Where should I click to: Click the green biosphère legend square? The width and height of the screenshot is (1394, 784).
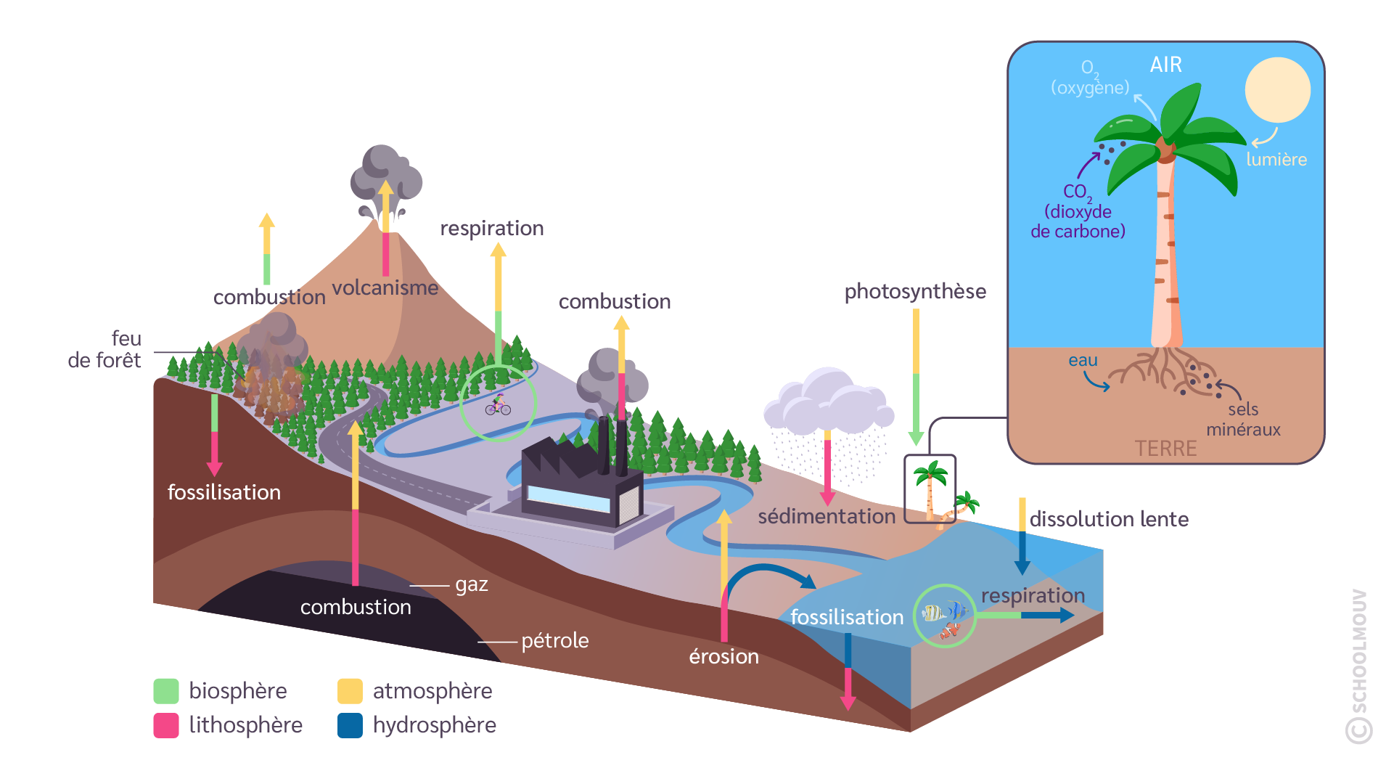165,691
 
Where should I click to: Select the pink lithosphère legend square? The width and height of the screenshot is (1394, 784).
165,725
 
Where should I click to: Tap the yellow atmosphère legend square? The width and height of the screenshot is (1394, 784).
350,691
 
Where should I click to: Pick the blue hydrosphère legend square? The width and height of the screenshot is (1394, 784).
350,725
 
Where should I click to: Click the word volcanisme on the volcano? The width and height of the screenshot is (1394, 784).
385,288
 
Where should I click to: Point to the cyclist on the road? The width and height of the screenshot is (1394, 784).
499,404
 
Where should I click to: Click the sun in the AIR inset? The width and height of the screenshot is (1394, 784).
1277,90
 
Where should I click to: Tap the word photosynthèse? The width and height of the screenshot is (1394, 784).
915,292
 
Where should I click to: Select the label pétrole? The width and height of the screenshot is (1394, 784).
555,641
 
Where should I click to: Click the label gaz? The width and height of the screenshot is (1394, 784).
472,584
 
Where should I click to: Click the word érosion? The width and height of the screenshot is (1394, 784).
723,657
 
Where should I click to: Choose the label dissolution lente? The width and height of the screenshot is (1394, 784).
1109,520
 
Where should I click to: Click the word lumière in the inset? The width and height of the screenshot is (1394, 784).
1276,160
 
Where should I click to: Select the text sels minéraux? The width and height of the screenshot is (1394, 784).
1243,420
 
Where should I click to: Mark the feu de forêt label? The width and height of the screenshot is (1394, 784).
105,350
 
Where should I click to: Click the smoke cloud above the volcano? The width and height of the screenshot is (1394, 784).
385,174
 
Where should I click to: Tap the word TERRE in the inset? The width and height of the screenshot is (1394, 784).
1165,449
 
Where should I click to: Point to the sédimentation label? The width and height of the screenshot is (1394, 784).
827,517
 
